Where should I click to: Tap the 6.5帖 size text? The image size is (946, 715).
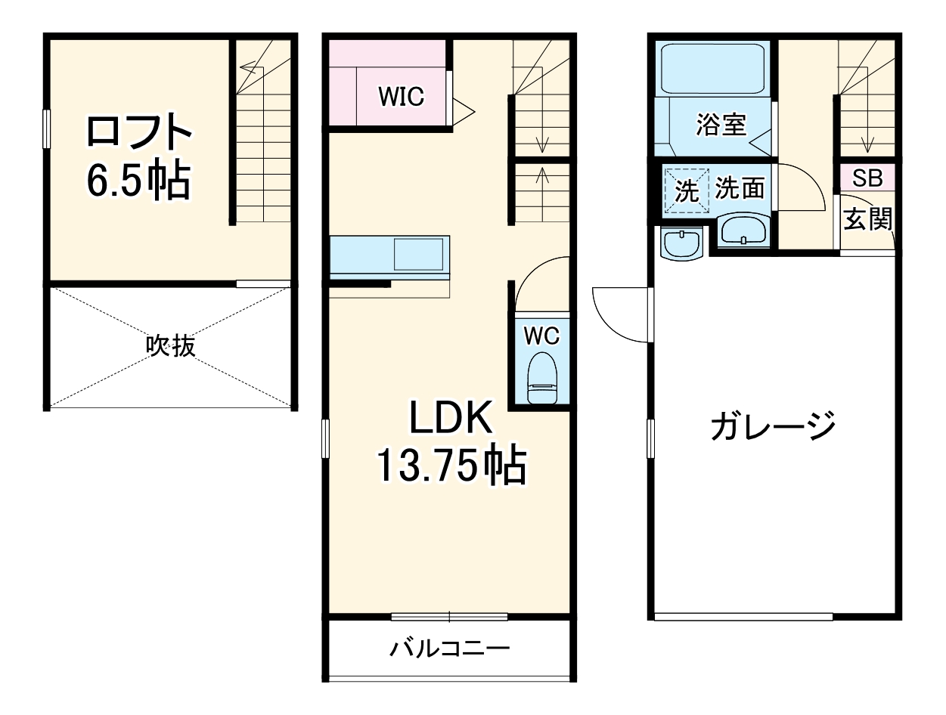pos(138,181)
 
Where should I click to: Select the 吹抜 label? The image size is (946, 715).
pos(171,346)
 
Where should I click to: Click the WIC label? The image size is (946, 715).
pos(402,97)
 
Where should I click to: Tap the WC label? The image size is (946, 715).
pos(541,334)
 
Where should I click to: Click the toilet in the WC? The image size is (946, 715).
pos(541,378)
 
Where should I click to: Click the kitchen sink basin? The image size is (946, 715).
pos(418,254)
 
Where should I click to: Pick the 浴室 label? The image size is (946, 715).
pos(721,125)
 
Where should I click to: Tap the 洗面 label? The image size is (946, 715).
pos(740,188)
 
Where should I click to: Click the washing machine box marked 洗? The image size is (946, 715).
pos(687,190)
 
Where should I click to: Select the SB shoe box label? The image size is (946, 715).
pos(867,179)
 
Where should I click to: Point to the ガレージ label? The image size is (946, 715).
pos(773,426)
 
